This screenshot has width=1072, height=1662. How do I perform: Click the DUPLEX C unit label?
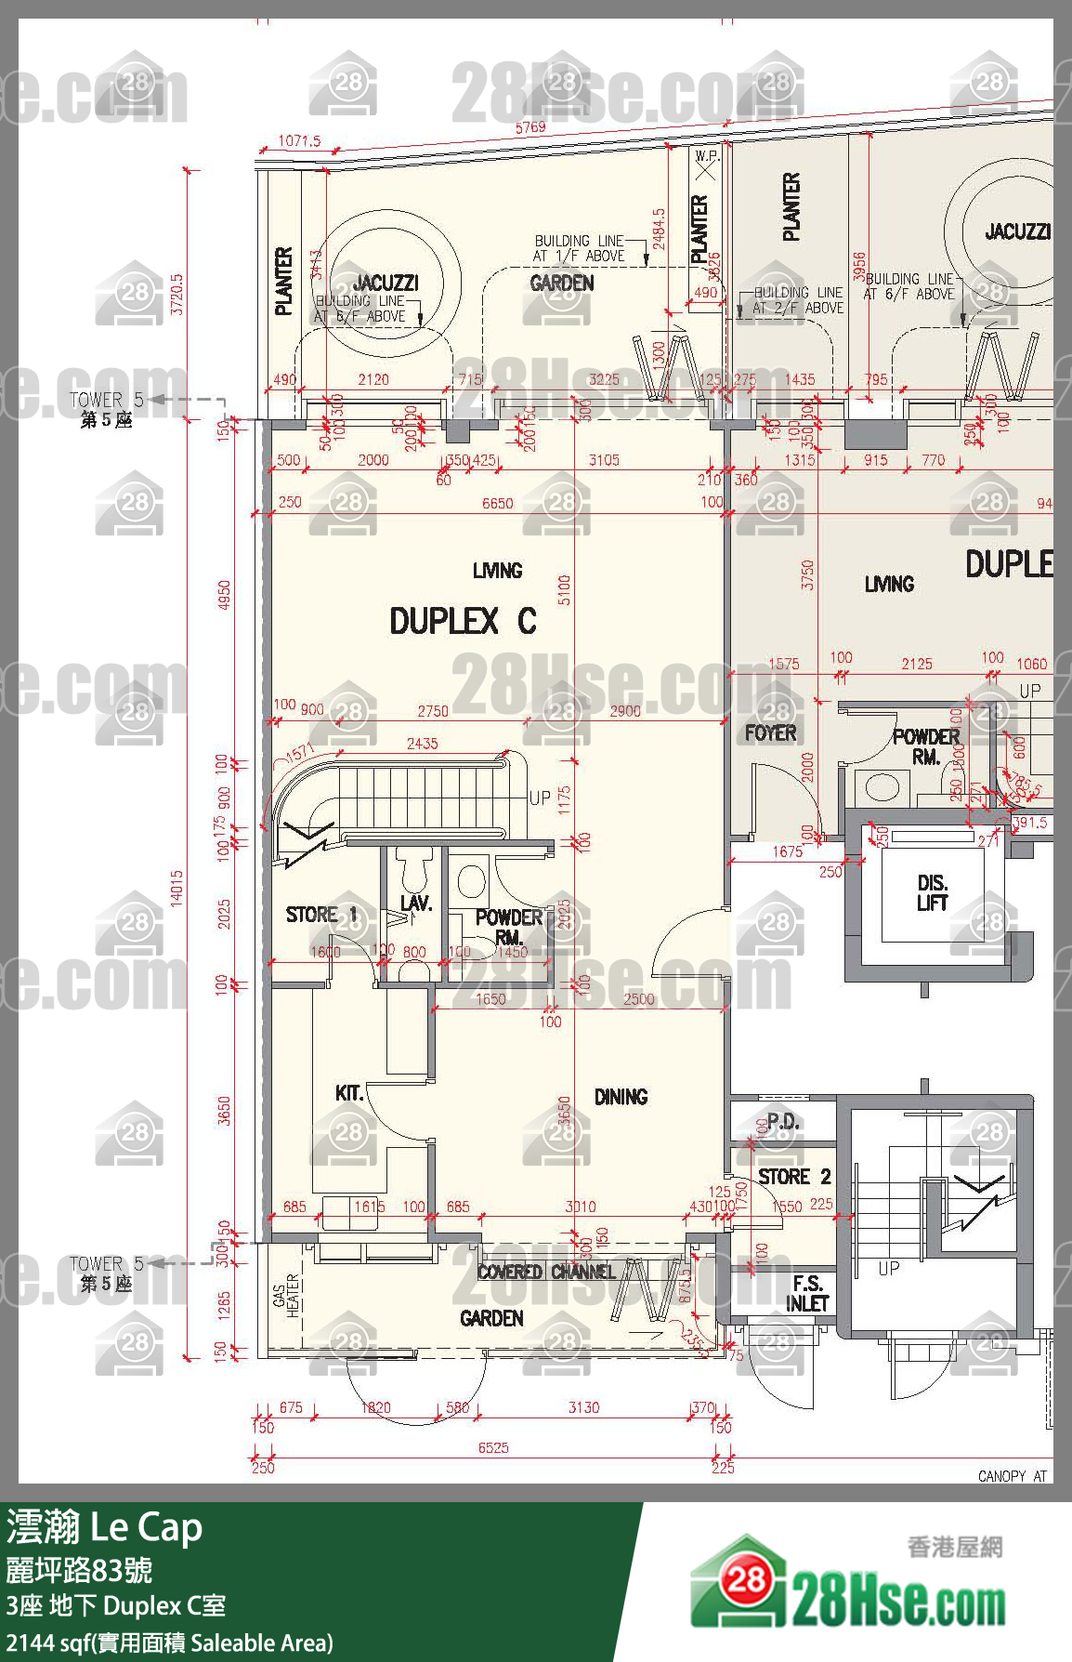pos(463,621)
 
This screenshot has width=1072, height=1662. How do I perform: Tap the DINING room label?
pos(621,1097)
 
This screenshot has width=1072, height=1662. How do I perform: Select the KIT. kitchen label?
pos(349,1093)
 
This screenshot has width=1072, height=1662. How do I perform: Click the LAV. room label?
pos(415,903)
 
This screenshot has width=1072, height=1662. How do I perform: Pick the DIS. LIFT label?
pos(932,892)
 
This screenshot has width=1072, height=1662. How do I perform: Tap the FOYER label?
pos(770,732)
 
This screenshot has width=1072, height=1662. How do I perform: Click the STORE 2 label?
pos(794,1177)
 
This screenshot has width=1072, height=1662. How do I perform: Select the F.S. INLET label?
pos(806,1293)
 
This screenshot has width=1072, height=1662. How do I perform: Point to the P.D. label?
pos(783,1121)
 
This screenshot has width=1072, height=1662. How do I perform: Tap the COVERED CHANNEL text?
pos(546,1272)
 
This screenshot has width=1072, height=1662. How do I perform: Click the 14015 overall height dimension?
pos(176,888)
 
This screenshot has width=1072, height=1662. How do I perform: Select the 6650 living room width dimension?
pos(497,503)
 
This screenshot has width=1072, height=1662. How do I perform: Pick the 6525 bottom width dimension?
pos(493,1447)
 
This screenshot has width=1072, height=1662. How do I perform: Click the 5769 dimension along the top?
pos(530,127)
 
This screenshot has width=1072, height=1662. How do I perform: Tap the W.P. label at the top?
pos(707,156)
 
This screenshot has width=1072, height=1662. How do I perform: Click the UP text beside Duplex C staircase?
pos(540,798)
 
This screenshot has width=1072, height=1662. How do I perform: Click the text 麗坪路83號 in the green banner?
pos(79,1570)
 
